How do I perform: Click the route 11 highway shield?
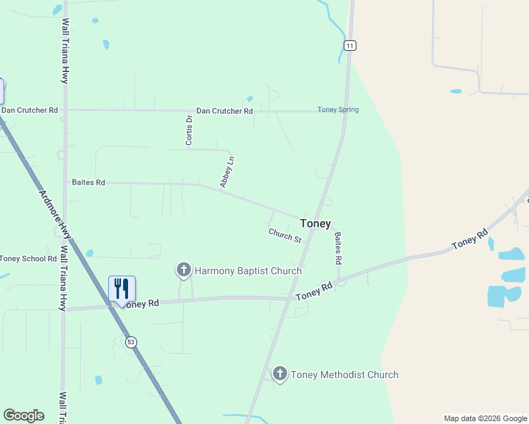(350, 45)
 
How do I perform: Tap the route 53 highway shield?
(131, 342)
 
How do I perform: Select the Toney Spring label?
(338, 110)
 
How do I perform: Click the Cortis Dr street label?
(189, 131)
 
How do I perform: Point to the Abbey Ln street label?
(227, 172)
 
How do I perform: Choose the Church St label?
(285, 235)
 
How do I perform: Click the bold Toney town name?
(315, 223)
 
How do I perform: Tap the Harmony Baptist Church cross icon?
(183, 270)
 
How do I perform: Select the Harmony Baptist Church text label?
(248, 271)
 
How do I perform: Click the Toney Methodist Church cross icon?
(280, 375)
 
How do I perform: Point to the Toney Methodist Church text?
(345, 375)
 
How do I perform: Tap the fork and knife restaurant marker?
(122, 289)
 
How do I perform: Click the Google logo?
(23, 416)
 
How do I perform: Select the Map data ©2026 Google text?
(485, 418)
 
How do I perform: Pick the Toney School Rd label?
(28, 259)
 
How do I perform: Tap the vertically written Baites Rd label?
(338, 248)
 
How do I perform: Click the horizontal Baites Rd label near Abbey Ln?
(88, 182)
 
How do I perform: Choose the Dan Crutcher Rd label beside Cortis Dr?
(224, 111)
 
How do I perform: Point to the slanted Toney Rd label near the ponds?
(470, 238)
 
